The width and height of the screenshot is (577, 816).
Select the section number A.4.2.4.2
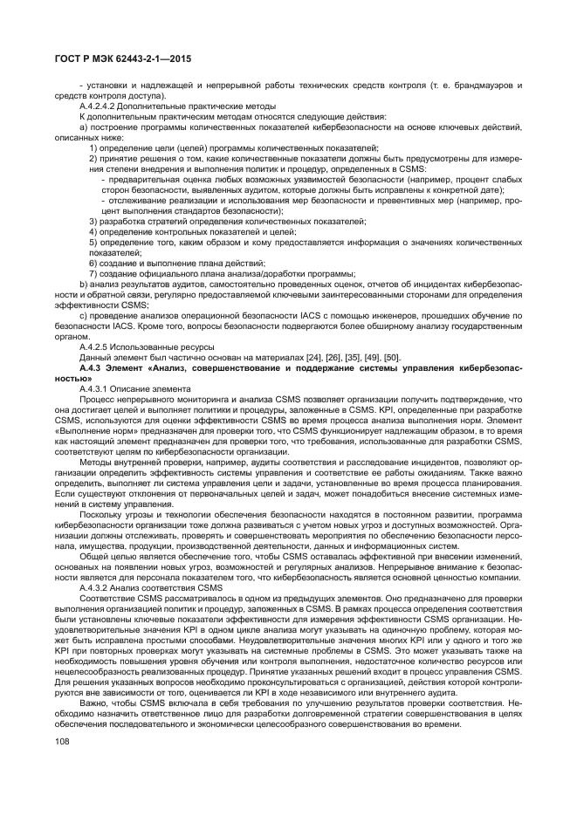click(96, 106)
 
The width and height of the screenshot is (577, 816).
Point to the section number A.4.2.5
click(93, 346)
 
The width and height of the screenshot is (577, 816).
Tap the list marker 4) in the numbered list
click(93, 231)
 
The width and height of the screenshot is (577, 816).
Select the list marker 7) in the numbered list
click(93, 273)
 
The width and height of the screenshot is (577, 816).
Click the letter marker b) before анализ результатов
click(83, 284)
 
